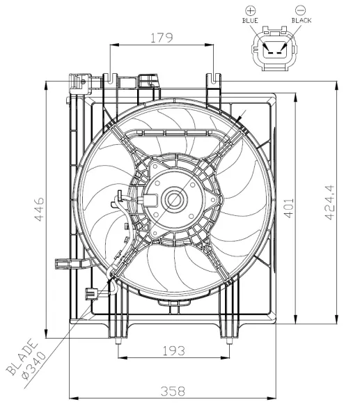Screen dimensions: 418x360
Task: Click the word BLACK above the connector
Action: (302, 21)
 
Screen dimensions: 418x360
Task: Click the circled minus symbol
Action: (300, 10)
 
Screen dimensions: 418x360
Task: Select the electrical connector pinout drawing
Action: (275, 49)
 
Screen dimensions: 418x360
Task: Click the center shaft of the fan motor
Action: (173, 201)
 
